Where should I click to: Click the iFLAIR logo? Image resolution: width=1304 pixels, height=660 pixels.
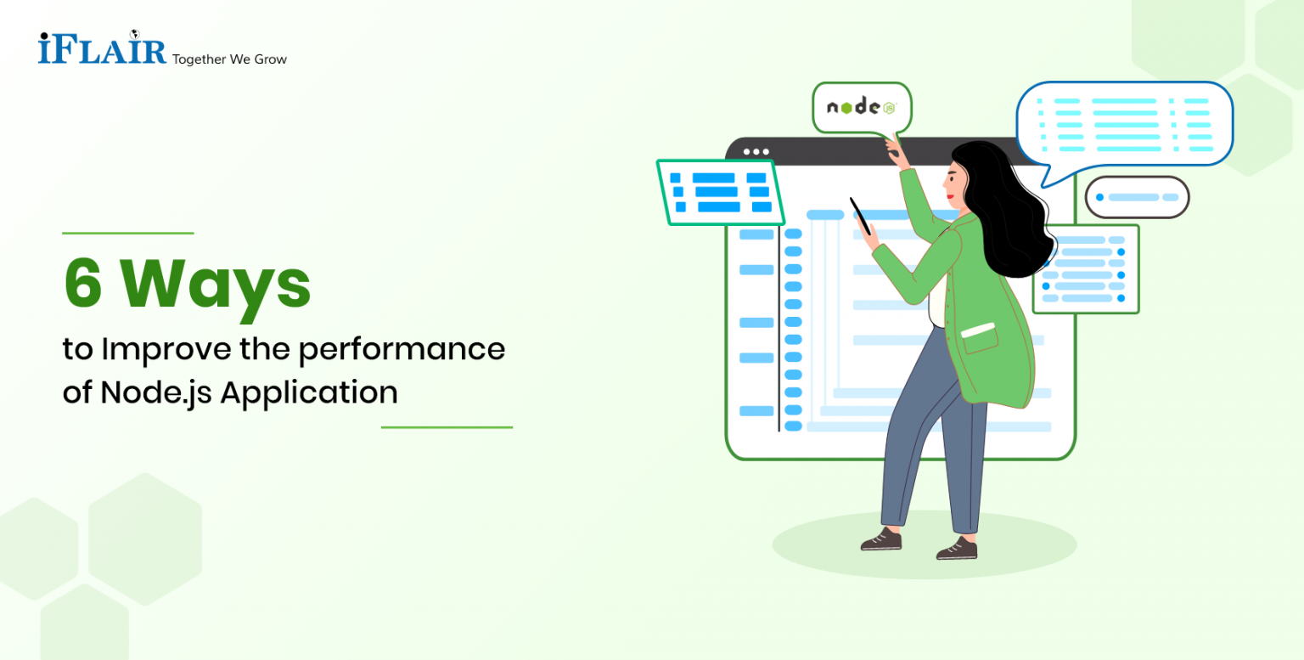[102, 48]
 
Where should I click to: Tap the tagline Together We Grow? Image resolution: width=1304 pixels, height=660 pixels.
[229, 59]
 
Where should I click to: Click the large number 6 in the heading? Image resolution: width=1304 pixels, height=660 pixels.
[82, 285]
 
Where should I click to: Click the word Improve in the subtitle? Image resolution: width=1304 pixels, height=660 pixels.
[162, 349]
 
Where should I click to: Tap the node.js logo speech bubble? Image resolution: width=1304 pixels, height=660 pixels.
[861, 107]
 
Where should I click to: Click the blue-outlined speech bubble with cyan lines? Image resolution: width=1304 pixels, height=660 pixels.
[1124, 124]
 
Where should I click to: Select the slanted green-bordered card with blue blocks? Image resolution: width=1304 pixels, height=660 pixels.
[719, 192]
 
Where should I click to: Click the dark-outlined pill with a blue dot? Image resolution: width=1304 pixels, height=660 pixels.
[1137, 197]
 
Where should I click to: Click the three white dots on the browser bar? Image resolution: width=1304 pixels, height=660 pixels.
[756, 152]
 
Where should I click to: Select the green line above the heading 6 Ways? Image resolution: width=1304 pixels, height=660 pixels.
[128, 233]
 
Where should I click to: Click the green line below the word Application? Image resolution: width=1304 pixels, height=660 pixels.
[447, 427]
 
